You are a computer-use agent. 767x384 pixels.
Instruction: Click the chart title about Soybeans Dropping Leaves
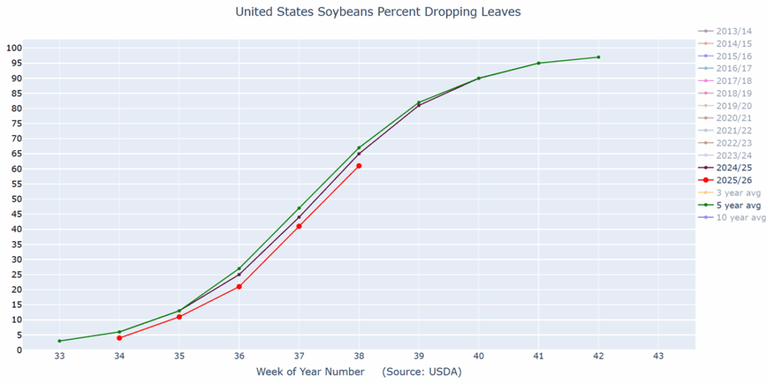(378, 12)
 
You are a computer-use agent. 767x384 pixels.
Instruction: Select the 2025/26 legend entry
(735, 180)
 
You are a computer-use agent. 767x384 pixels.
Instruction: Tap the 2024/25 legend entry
(735, 168)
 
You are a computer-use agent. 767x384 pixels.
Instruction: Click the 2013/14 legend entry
(735, 31)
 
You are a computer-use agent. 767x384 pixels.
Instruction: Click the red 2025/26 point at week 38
(359, 165)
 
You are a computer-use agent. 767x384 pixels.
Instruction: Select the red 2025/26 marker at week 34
(119, 338)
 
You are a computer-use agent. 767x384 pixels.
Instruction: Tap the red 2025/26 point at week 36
(239, 287)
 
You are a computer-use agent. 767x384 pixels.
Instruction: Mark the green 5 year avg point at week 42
(598, 57)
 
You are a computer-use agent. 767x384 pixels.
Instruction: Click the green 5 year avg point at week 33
(59, 341)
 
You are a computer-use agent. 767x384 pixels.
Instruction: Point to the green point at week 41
(539, 63)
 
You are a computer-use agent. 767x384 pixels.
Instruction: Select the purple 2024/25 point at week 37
(299, 217)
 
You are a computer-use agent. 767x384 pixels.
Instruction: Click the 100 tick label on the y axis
(13, 48)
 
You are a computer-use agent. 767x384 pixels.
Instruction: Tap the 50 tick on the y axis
(16, 199)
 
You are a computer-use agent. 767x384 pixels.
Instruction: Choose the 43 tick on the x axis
(658, 356)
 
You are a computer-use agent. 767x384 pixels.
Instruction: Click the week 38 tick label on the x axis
(359, 356)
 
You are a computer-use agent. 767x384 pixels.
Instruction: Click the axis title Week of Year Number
(310, 371)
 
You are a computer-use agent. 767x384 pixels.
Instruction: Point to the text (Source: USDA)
(421, 371)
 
